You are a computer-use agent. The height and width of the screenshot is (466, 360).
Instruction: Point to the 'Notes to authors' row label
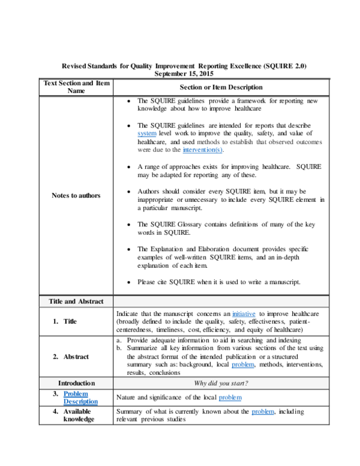pos(76,195)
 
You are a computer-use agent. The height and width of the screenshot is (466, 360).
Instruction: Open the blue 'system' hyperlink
pos(146,133)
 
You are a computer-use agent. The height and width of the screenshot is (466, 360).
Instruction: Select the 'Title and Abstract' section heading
pos(76,301)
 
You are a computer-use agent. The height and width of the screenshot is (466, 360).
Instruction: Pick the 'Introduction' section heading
pos(76,383)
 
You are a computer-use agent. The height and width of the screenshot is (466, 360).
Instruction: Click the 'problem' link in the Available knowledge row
pos(263,411)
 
